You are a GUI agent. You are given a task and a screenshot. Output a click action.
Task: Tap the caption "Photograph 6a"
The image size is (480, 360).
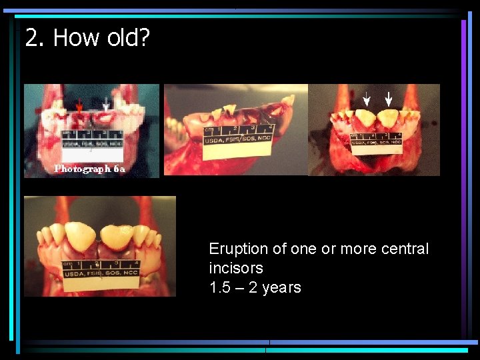click(89, 169)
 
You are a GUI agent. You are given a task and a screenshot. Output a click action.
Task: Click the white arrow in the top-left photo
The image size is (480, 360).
click(107, 104)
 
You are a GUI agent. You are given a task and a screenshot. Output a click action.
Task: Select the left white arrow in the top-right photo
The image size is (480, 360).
click(365, 99)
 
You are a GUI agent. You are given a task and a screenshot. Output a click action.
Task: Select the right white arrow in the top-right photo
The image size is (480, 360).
click(389, 99)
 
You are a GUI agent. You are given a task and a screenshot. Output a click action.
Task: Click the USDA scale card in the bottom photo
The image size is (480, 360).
click(101, 273)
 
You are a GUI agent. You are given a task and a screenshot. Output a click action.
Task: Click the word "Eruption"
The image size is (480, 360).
click(238, 249)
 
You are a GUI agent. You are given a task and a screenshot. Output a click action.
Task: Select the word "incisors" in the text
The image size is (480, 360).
click(236, 268)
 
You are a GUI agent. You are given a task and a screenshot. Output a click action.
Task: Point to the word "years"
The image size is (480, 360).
click(282, 287)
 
